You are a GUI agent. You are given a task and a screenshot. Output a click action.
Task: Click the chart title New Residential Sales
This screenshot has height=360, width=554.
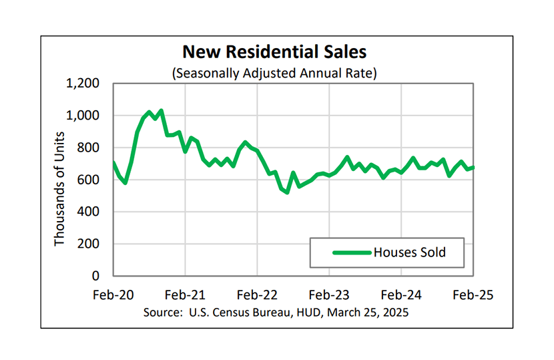click(274, 51)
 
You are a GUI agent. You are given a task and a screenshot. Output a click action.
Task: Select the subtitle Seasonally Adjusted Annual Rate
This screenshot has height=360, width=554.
click(274, 72)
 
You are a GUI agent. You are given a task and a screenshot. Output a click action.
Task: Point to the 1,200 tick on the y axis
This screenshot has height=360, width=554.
click(83, 84)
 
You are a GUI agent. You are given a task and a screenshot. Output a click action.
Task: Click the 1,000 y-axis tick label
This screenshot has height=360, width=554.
click(83, 116)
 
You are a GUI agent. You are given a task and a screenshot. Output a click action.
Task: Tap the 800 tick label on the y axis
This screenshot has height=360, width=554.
click(88, 148)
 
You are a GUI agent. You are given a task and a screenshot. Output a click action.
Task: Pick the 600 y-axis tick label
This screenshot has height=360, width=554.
click(88, 180)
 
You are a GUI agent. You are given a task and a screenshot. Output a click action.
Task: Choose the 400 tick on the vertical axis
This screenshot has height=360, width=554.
click(88, 212)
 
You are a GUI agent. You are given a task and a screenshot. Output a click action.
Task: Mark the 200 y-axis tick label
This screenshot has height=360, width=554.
click(88, 244)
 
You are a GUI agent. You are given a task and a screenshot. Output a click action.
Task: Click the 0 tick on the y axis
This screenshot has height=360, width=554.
click(96, 276)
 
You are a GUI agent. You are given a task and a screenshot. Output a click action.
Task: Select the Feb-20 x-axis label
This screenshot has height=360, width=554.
click(113, 295)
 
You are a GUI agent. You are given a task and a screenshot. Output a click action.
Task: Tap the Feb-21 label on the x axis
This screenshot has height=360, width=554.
click(185, 295)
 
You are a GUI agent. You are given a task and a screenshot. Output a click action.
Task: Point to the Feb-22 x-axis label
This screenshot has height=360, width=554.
click(257, 295)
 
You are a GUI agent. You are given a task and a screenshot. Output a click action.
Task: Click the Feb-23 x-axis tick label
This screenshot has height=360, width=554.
click(330, 295)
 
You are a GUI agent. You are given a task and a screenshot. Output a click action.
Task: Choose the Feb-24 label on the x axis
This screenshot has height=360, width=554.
click(401, 295)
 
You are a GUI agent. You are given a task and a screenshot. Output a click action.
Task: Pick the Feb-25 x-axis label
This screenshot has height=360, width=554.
click(473, 295)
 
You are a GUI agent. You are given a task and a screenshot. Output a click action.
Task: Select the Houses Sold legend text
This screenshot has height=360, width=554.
click(409, 252)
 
